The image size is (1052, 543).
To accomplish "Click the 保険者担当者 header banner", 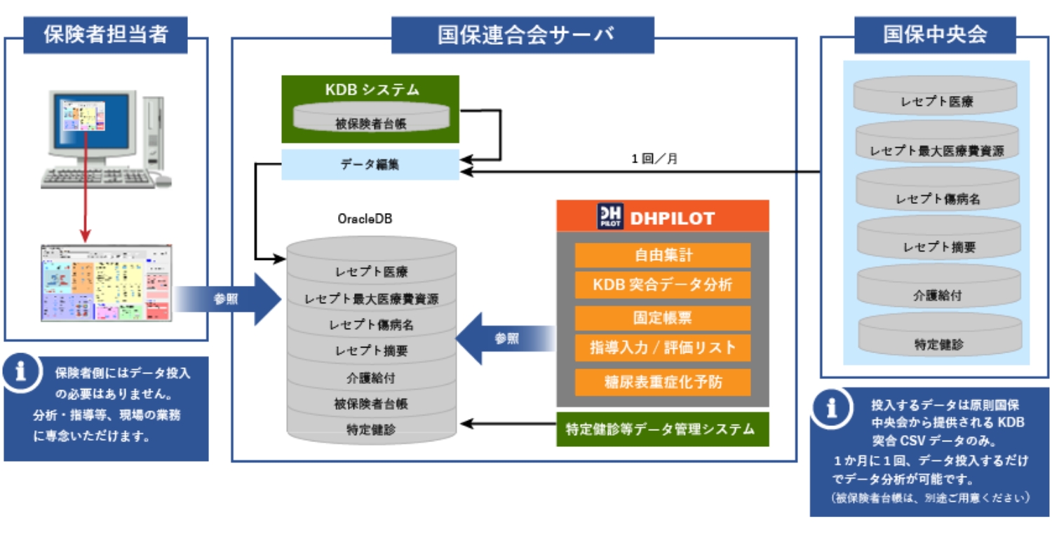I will pos(105,35).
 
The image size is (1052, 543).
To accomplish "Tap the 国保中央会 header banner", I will pos(935,35).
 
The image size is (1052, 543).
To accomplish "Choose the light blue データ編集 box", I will pos(370,165).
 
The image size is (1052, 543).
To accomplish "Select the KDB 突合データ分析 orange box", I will pos(662,284).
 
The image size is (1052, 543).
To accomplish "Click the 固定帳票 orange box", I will pos(662,317).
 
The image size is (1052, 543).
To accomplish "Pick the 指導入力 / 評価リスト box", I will pos(662,348).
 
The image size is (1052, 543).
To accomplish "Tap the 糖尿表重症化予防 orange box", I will pos(662,382).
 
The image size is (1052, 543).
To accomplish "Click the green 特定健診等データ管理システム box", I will pos(662,429).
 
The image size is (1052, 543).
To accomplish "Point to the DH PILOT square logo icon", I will pos(609,217).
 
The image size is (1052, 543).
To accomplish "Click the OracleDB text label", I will pos(365,219).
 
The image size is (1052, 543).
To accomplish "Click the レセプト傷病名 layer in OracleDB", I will pos(372,325).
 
